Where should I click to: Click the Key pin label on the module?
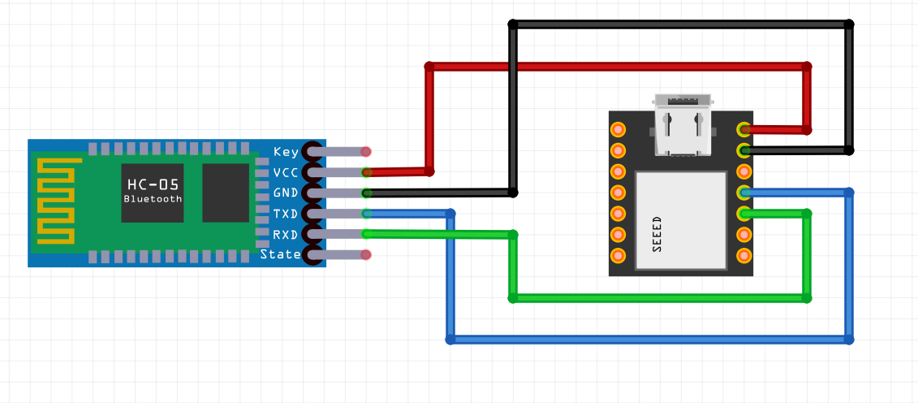pyautogui.click(x=286, y=152)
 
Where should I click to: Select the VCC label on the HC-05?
pyautogui.click(x=286, y=173)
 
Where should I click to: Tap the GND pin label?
pyautogui.click(x=286, y=193)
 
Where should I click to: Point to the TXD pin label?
pyautogui.click(x=286, y=214)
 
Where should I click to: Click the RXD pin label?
pyautogui.click(x=286, y=235)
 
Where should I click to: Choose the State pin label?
pyautogui.click(x=281, y=255)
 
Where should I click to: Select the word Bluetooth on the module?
pyautogui.click(x=153, y=199)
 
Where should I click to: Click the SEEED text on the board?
pyautogui.click(x=657, y=234)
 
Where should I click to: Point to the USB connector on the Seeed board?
pyautogui.click(x=683, y=126)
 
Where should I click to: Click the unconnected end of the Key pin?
pyautogui.click(x=366, y=152)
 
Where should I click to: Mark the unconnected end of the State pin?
pyautogui.click(x=366, y=255)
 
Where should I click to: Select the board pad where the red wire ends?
pyautogui.click(x=743, y=129)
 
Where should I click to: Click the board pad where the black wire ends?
pyautogui.click(x=743, y=150)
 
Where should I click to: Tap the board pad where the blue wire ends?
pyautogui.click(x=743, y=193)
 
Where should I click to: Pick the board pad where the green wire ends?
pyautogui.click(x=743, y=214)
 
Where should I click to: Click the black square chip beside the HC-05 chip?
pyautogui.click(x=226, y=193)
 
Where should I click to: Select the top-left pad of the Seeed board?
pyautogui.click(x=618, y=129)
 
